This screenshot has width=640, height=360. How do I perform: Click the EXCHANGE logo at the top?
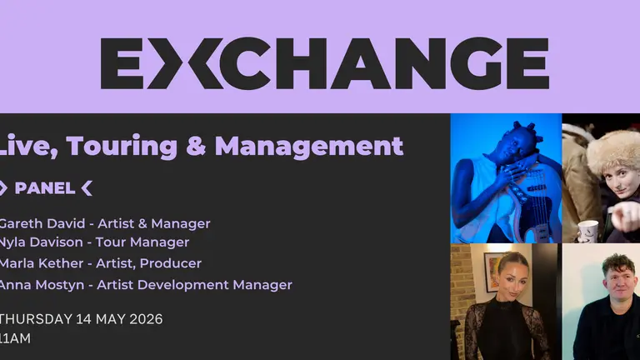click(x=324, y=63)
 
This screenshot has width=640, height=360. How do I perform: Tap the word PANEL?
click(x=44, y=188)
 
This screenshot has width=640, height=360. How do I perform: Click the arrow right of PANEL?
click(x=87, y=188)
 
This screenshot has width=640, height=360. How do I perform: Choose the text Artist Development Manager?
click(x=194, y=285)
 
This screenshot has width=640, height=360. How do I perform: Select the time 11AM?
click(x=15, y=339)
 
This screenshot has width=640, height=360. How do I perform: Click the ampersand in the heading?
click(x=195, y=147)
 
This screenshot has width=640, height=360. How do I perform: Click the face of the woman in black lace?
click(x=505, y=276)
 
